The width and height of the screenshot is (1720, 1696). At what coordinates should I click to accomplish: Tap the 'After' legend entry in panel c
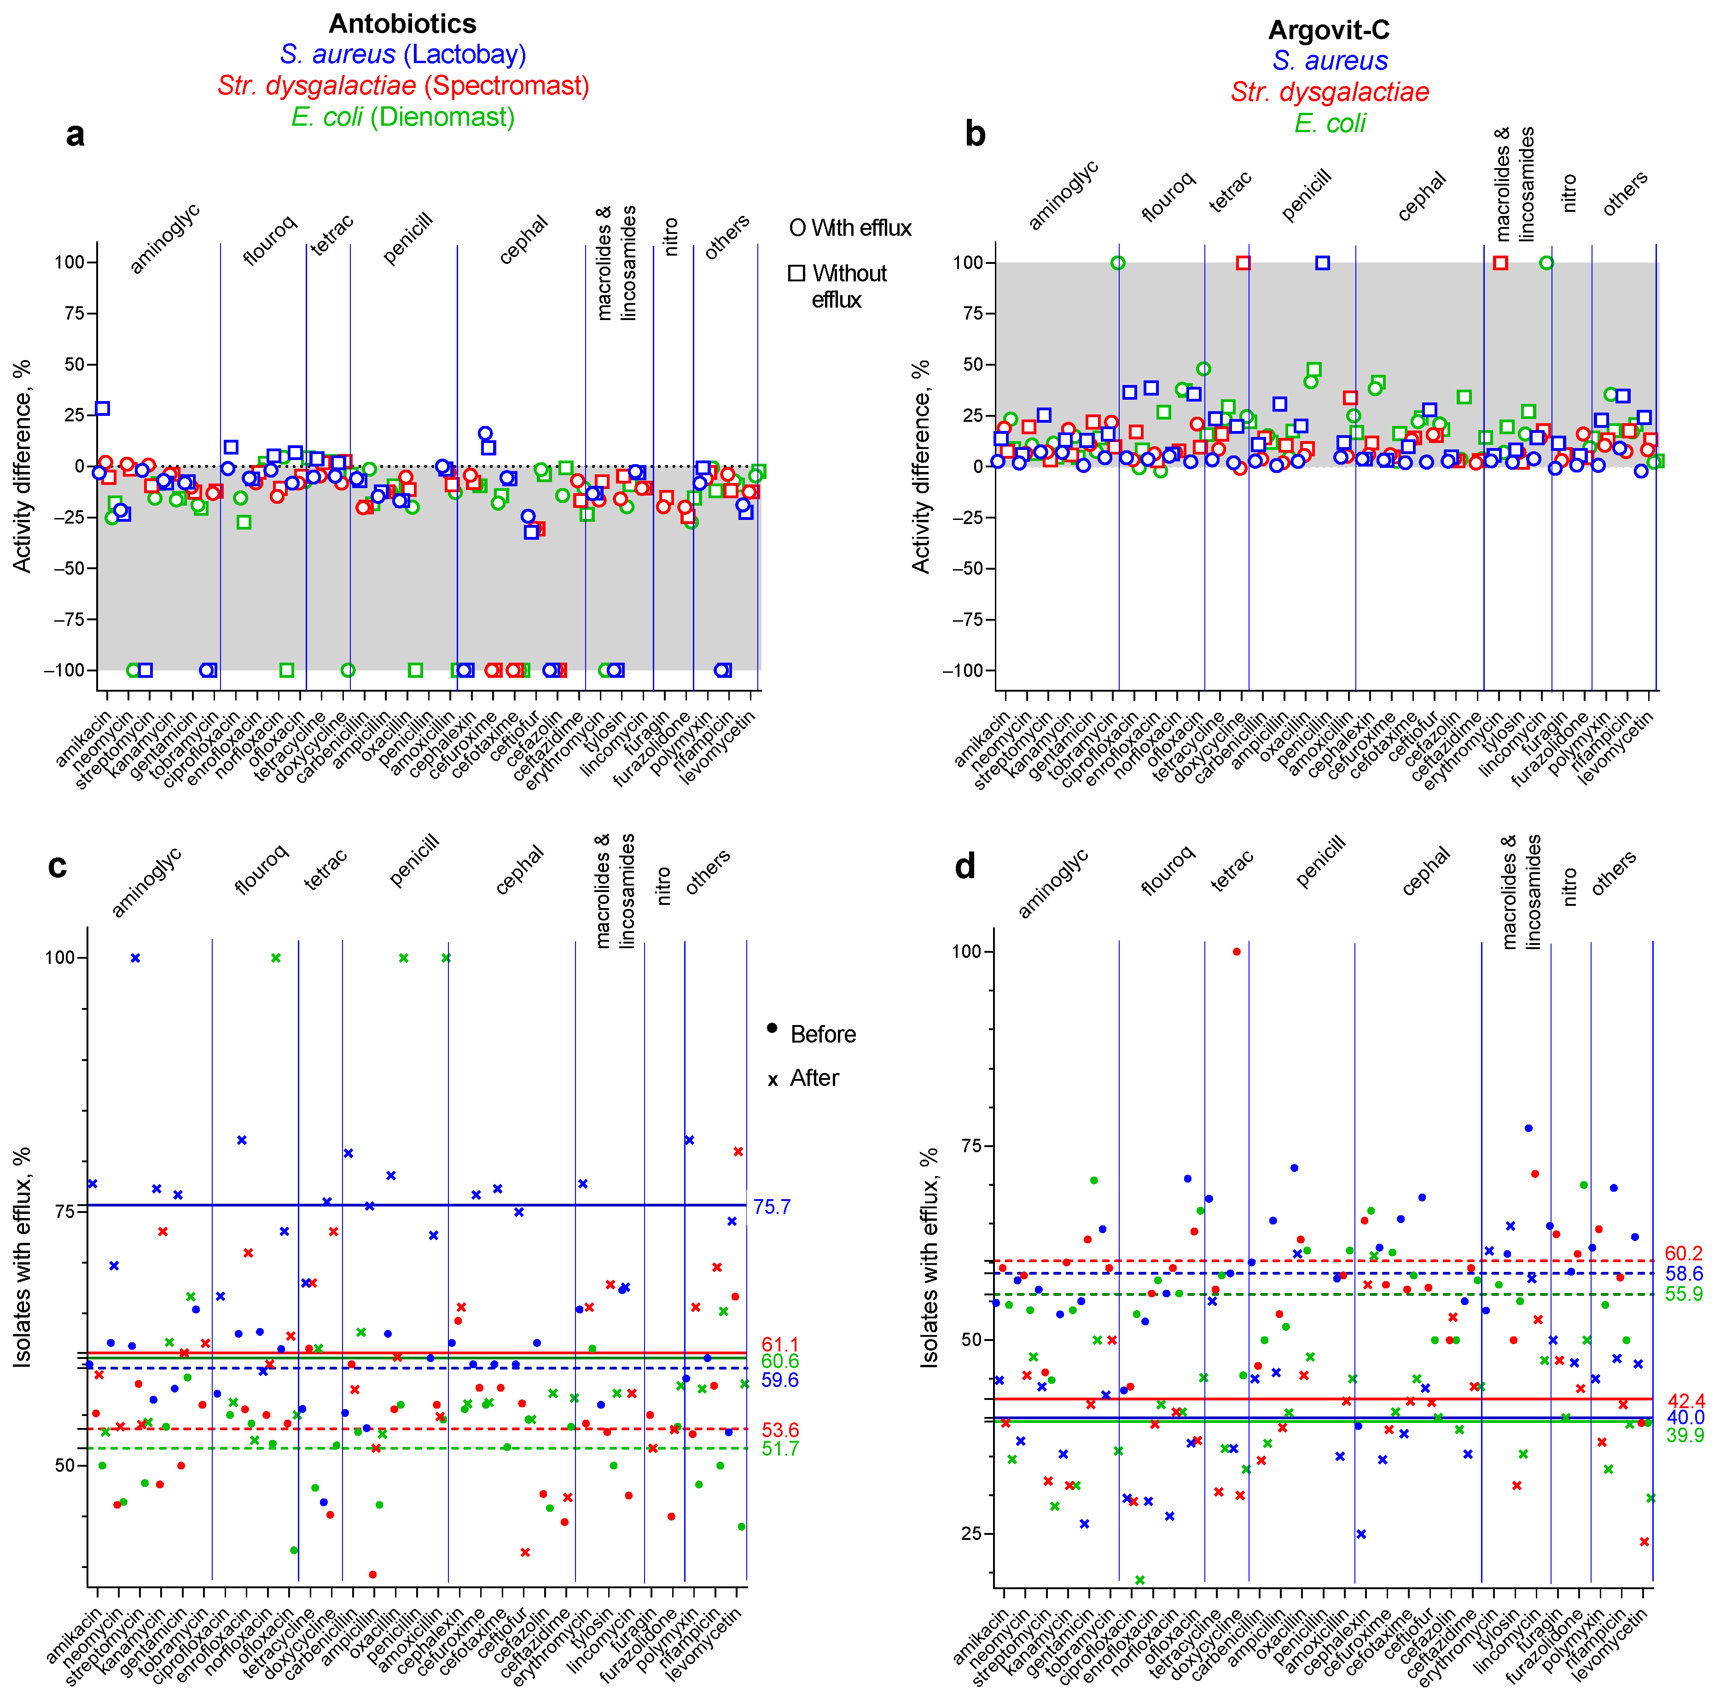[x=803, y=1078]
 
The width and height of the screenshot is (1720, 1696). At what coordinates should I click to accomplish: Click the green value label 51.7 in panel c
[x=780, y=1449]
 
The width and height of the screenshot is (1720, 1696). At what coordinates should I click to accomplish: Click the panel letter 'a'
[x=76, y=134]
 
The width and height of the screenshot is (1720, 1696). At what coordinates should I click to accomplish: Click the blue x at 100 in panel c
[x=135, y=958]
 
